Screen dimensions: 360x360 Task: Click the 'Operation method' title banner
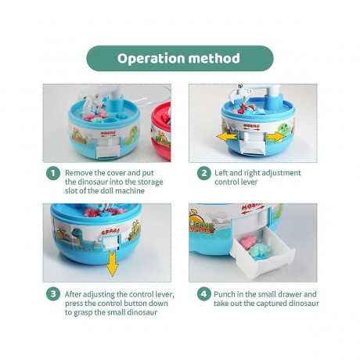coord(180,58)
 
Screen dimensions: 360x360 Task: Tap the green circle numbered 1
coord(52,173)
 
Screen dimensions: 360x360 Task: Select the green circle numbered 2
coord(203,173)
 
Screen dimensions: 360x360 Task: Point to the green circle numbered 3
coord(52,294)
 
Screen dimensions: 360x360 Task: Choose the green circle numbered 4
coord(203,294)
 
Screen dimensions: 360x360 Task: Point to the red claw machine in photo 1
coord(160,129)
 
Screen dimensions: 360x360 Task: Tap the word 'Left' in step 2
coord(224,173)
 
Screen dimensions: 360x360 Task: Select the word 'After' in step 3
coord(76,294)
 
